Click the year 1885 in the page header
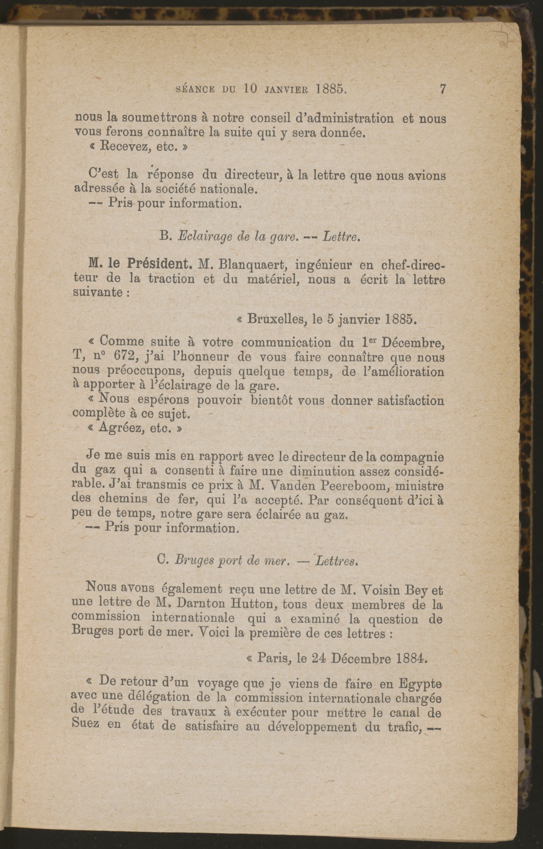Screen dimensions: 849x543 tap(332, 89)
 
